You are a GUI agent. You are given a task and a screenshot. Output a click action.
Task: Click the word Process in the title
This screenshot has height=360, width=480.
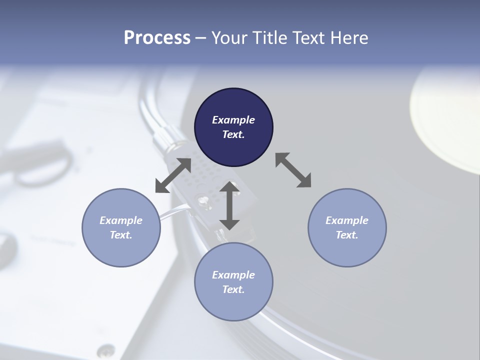(157, 38)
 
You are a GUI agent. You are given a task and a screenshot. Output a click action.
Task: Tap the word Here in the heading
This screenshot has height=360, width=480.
(349, 38)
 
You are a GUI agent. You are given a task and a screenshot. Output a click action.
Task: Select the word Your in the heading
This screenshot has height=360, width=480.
(228, 38)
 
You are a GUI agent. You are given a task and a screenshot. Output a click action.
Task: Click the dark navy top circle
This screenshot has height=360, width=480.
(233, 127)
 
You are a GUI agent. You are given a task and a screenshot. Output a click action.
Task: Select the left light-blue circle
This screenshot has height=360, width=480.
(121, 227)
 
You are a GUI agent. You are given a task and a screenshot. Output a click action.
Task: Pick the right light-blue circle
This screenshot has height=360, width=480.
(347, 227)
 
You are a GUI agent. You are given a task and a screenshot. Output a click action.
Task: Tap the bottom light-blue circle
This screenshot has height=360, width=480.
(233, 281)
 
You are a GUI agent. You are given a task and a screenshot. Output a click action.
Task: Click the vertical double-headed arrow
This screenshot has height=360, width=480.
(229, 205)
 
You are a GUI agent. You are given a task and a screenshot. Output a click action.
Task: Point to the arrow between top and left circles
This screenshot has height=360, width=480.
(173, 175)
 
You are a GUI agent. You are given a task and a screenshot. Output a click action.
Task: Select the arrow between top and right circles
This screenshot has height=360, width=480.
(293, 170)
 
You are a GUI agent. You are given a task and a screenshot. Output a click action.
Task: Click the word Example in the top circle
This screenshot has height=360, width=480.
(233, 120)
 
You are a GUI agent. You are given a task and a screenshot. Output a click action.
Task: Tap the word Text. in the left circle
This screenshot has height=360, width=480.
(121, 235)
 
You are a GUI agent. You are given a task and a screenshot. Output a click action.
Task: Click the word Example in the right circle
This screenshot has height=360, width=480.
(347, 220)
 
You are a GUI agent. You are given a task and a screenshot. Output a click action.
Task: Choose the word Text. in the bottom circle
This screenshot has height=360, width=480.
(233, 289)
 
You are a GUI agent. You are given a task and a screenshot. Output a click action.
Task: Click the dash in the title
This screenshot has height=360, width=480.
(200, 38)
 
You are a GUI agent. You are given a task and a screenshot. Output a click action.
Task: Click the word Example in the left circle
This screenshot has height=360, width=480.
(121, 220)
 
